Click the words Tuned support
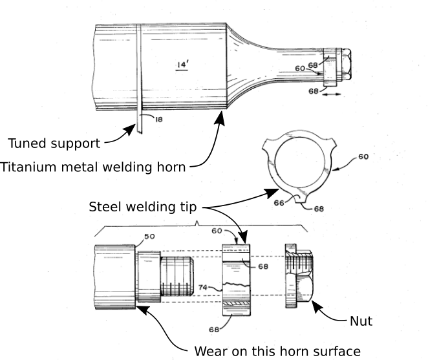(x=54, y=143)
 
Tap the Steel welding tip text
(x=143, y=207)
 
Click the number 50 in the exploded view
(x=149, y=237)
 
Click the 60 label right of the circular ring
(x=363, y=157)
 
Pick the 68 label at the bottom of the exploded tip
(x=213, y=329)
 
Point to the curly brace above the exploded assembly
(x=197, y=225)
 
